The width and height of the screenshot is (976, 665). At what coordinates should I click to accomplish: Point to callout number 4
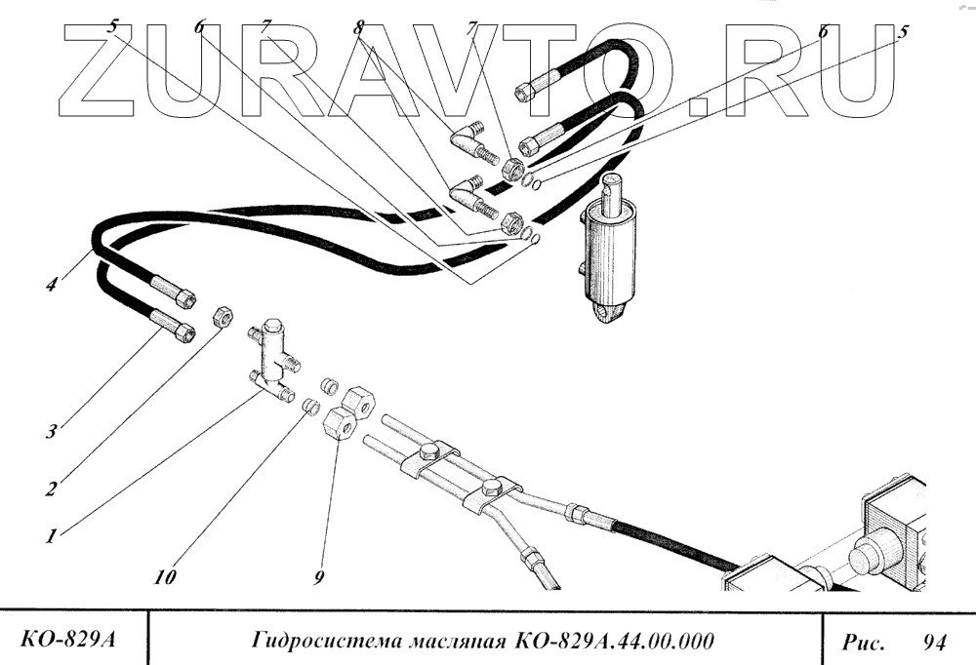51,286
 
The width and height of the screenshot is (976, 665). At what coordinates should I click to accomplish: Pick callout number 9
319,577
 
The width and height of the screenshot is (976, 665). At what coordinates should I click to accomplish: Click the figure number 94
934,643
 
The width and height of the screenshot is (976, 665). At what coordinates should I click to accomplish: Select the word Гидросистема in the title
312,642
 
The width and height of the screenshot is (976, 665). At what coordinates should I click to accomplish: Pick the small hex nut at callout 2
223,318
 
